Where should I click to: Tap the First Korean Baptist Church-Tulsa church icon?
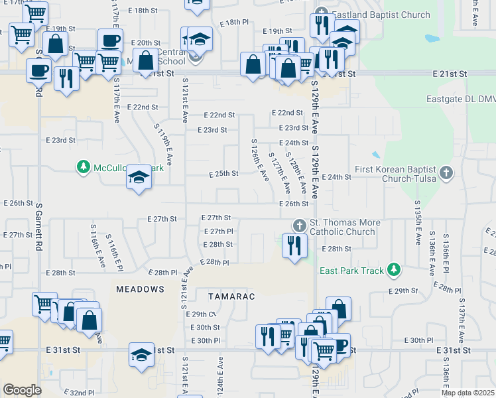(x=446, y=173)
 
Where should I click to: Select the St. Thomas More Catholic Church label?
(x=342, y=227)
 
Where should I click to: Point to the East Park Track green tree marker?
(x=395, y=269)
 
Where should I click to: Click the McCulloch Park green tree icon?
(x=84, y=166)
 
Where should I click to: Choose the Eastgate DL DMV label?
(x=460, y=99)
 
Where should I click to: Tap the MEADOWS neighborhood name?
(x=140, y=289)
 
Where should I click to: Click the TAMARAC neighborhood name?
(x=231, y=296)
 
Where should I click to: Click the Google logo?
(x=22, y=390)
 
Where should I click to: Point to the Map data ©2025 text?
(x=467, y=393)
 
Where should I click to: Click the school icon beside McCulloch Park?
(x=139, y=177)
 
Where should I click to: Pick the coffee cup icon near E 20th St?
(x=110, y=40)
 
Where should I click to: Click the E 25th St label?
(x=223, y=174)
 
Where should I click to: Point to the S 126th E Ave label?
(x=260, y=160)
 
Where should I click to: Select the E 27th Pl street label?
(x=217, y=231)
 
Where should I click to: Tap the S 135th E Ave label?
(x=418, y=222)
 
